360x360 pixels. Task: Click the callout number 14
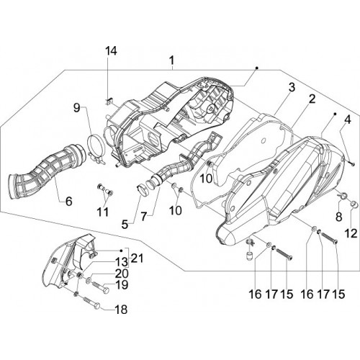pos(112,51)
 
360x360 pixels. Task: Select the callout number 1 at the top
pos(172,60)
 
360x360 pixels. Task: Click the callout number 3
pos(292,88)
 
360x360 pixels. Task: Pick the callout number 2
pos(312,99)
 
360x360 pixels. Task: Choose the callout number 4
pos(348,120)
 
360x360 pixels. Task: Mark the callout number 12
pos(351,233)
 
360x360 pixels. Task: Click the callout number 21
pos(137,258)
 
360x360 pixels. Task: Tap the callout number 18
pos(122,310)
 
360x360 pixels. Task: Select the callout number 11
pos(103,212)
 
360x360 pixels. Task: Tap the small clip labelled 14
pos(109,102)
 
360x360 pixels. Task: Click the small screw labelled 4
pos(351,163)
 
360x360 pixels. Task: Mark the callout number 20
pos(122,274)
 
